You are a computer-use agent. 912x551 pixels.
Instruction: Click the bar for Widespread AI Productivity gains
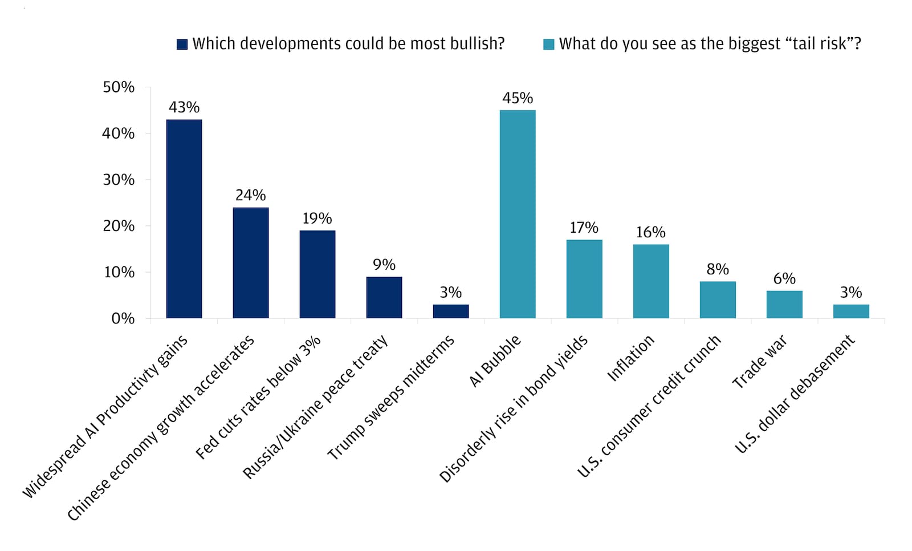pyautogui.click(x=184, y=219)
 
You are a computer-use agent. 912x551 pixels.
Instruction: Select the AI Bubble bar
pyautogui.click(x=518, y=214)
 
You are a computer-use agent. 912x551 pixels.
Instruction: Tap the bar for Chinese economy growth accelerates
pyautogui.click(x=251, y=263)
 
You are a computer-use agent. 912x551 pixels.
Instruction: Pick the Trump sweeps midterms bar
pyautogui.click(x=451, y=311)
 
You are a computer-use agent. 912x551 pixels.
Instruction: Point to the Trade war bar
pyautogui.click(x=784, y=305)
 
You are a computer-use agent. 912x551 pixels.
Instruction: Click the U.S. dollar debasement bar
pyautogui.click(x=851, y=311)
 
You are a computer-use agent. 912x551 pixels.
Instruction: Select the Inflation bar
pyautogui.click(x=651, y=281)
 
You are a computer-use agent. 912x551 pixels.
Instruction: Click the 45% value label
pyautogui.click(x=518, y=98)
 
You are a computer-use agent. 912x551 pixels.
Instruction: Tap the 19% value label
pyautogui.click(x=317, y=218)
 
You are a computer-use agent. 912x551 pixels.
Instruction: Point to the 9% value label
pyautogui.click(x=384, y=265)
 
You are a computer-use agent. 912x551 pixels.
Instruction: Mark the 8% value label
pyautogui.click(x=718, y=269)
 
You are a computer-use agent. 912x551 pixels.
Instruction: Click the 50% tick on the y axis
pyautogui.click(x=119, y=87)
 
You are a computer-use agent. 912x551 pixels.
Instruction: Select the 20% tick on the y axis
pyautogui.click(x=119, y=226)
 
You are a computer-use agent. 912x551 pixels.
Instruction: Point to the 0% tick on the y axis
pyautogui.click(x=123, y=318)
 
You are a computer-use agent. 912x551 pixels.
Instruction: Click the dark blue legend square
pyautogui.click(x=182, y=44)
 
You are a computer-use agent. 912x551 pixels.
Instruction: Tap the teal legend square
pyautogui.click(x=549, y=44)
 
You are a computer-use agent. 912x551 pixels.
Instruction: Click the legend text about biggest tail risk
pyautogui.click(x=710, y=44)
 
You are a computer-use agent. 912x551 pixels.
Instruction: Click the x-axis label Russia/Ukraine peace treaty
pyautogui.click(x=316, y=407)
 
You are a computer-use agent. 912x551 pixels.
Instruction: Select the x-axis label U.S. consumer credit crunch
pyautogui.click(x=649, y=406)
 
